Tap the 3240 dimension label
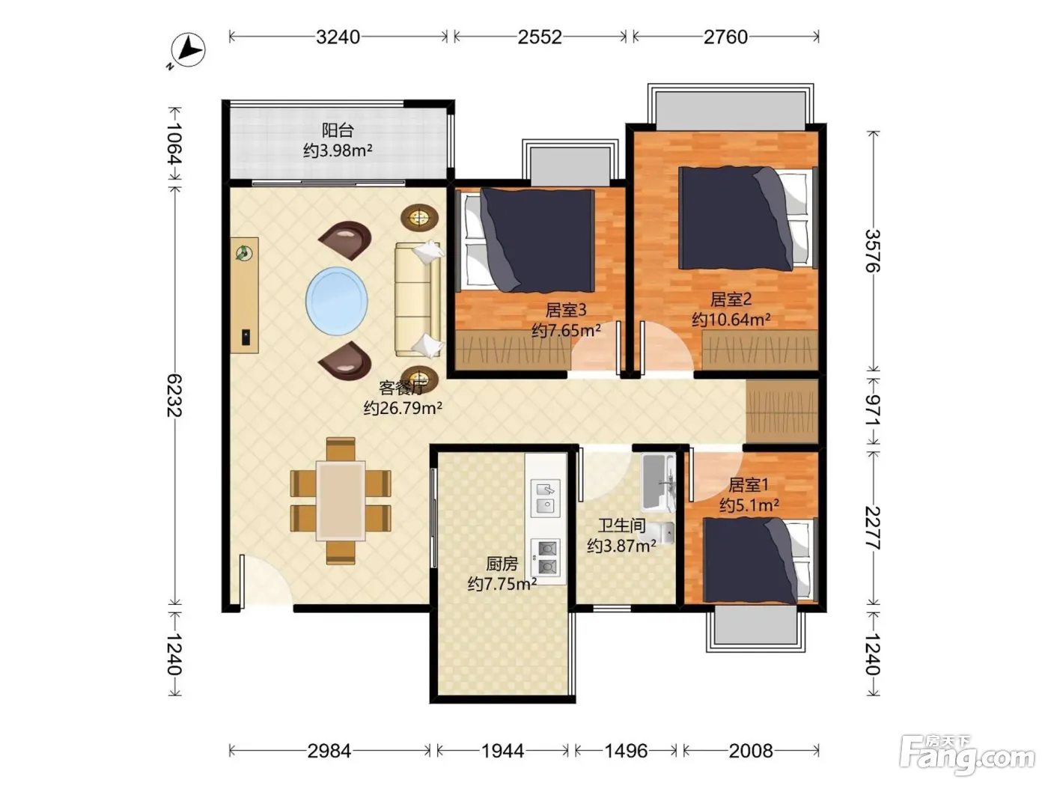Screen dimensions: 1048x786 coord(338,37)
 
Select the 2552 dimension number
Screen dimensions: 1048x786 coord(540,37)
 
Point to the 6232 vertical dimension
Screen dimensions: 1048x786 coord(174,395)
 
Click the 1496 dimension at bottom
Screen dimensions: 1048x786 coord(626,751)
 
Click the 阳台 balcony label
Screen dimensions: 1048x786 coord(338,130)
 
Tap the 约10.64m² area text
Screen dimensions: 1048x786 coord(731,320)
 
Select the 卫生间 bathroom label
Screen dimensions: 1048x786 coord(621,525)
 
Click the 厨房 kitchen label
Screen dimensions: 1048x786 coord(502,564)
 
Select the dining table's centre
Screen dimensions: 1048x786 coord(341,501)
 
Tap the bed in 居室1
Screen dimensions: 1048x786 coord(758,561)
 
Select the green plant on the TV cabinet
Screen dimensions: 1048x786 coord(244,253)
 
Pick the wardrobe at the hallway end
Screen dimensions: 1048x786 coord(782,412)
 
